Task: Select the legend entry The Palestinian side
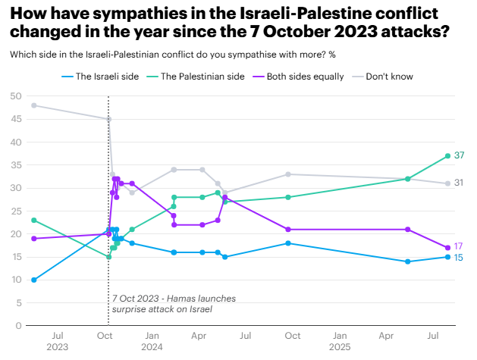pos(202,76)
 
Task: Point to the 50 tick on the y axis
pos(15,95)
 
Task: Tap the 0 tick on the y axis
pos(17,326)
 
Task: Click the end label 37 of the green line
pos(460,155)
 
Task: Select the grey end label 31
pos(460,183)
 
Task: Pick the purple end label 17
pos(459,247)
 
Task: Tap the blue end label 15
pos(459,258)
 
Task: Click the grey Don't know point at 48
pos(34,105)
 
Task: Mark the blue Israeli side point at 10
pos(34,280)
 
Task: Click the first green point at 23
pos(34,220)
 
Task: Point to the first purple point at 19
pos(34,239)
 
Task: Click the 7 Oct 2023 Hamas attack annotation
pos(162,304)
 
